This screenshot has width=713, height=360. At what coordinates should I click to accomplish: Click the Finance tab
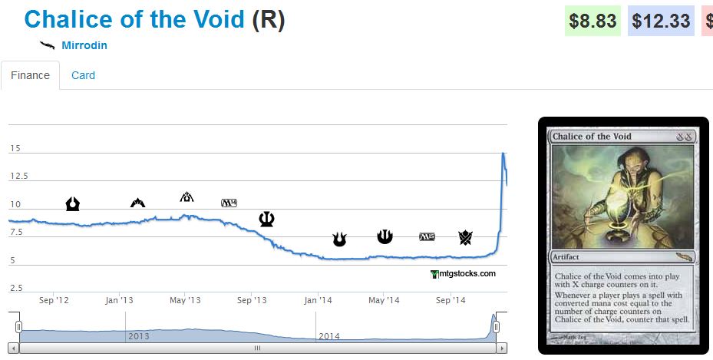[31, 75]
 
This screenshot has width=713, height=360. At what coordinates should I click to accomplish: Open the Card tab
[83, 75]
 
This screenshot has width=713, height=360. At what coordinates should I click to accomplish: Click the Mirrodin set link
[84, 45]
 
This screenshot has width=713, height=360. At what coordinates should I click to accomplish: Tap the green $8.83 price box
[593, 21]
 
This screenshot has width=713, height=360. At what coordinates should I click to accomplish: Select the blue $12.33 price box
[661, 21]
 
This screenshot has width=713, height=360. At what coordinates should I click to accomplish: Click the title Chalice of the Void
[134, 20]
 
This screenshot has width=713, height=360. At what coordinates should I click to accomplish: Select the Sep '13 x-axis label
[252, 300]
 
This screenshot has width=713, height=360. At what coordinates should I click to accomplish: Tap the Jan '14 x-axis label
[318, 300]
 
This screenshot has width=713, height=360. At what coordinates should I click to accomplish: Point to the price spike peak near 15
[503, 154]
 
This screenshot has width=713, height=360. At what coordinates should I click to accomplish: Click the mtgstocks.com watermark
[464, 273]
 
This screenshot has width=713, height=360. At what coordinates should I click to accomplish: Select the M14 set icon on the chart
[229, 203]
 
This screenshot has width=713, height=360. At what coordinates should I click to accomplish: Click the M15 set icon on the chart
[427, 237]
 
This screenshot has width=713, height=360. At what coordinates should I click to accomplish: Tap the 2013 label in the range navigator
[139, 336]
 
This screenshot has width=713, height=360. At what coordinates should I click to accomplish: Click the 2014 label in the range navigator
[329, 336]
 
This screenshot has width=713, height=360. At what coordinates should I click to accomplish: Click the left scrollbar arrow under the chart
[14, 348]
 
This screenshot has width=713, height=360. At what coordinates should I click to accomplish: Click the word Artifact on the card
[569, 257]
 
